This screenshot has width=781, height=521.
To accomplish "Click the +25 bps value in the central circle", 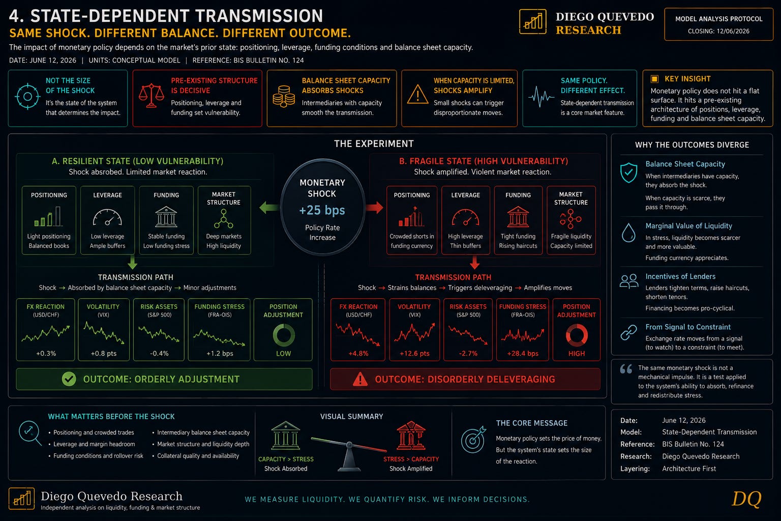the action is tap(322, 210).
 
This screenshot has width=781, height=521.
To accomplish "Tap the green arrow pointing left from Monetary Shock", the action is tap(269, 208).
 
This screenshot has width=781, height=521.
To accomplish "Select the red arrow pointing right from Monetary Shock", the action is tap(374, 208).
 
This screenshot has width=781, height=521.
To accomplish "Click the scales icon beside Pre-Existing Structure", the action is tap(152, 95).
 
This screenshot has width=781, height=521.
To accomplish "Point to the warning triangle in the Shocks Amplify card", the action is tap(417, 95).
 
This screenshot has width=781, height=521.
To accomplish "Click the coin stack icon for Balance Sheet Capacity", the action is tap(284, 96).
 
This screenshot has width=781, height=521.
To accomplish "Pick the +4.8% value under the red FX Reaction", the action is tap(358, 354).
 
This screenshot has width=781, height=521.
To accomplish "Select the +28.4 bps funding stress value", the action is tap(523, 354).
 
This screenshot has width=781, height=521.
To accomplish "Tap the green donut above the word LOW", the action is tap(283, 335).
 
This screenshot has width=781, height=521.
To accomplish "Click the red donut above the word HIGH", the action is tap(576, 335).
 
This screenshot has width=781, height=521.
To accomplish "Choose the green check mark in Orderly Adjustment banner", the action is tap(69, 379).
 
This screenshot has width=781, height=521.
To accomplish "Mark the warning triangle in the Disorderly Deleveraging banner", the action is tap(360, 380).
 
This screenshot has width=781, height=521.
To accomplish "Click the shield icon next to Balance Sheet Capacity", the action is tap(628, 172).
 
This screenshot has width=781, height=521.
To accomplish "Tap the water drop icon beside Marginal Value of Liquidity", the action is tap(628, 233).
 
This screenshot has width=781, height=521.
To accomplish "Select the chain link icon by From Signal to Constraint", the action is tap(628, 332).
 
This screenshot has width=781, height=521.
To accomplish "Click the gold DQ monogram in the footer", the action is tap(746, 499).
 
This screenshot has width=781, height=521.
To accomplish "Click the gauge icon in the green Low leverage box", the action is tap(107, 217).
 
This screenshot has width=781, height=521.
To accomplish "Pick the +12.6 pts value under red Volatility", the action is tap(414, 354).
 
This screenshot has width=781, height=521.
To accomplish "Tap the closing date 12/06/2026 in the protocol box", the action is tap(733, 32).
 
